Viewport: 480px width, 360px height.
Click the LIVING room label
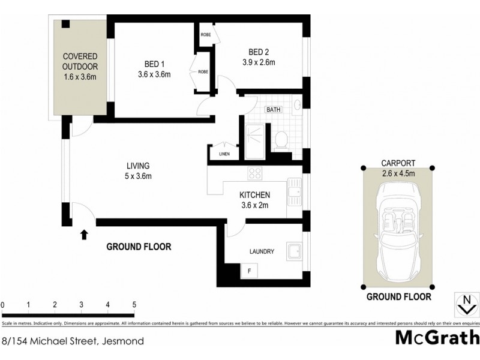[x=137, y=166]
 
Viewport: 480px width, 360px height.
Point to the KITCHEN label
[x=254, y=195]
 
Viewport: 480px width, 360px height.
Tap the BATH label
[x=274, y=110]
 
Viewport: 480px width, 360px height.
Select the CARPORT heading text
[x=398, y=163]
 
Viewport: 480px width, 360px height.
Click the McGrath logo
[x=437, y=338]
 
